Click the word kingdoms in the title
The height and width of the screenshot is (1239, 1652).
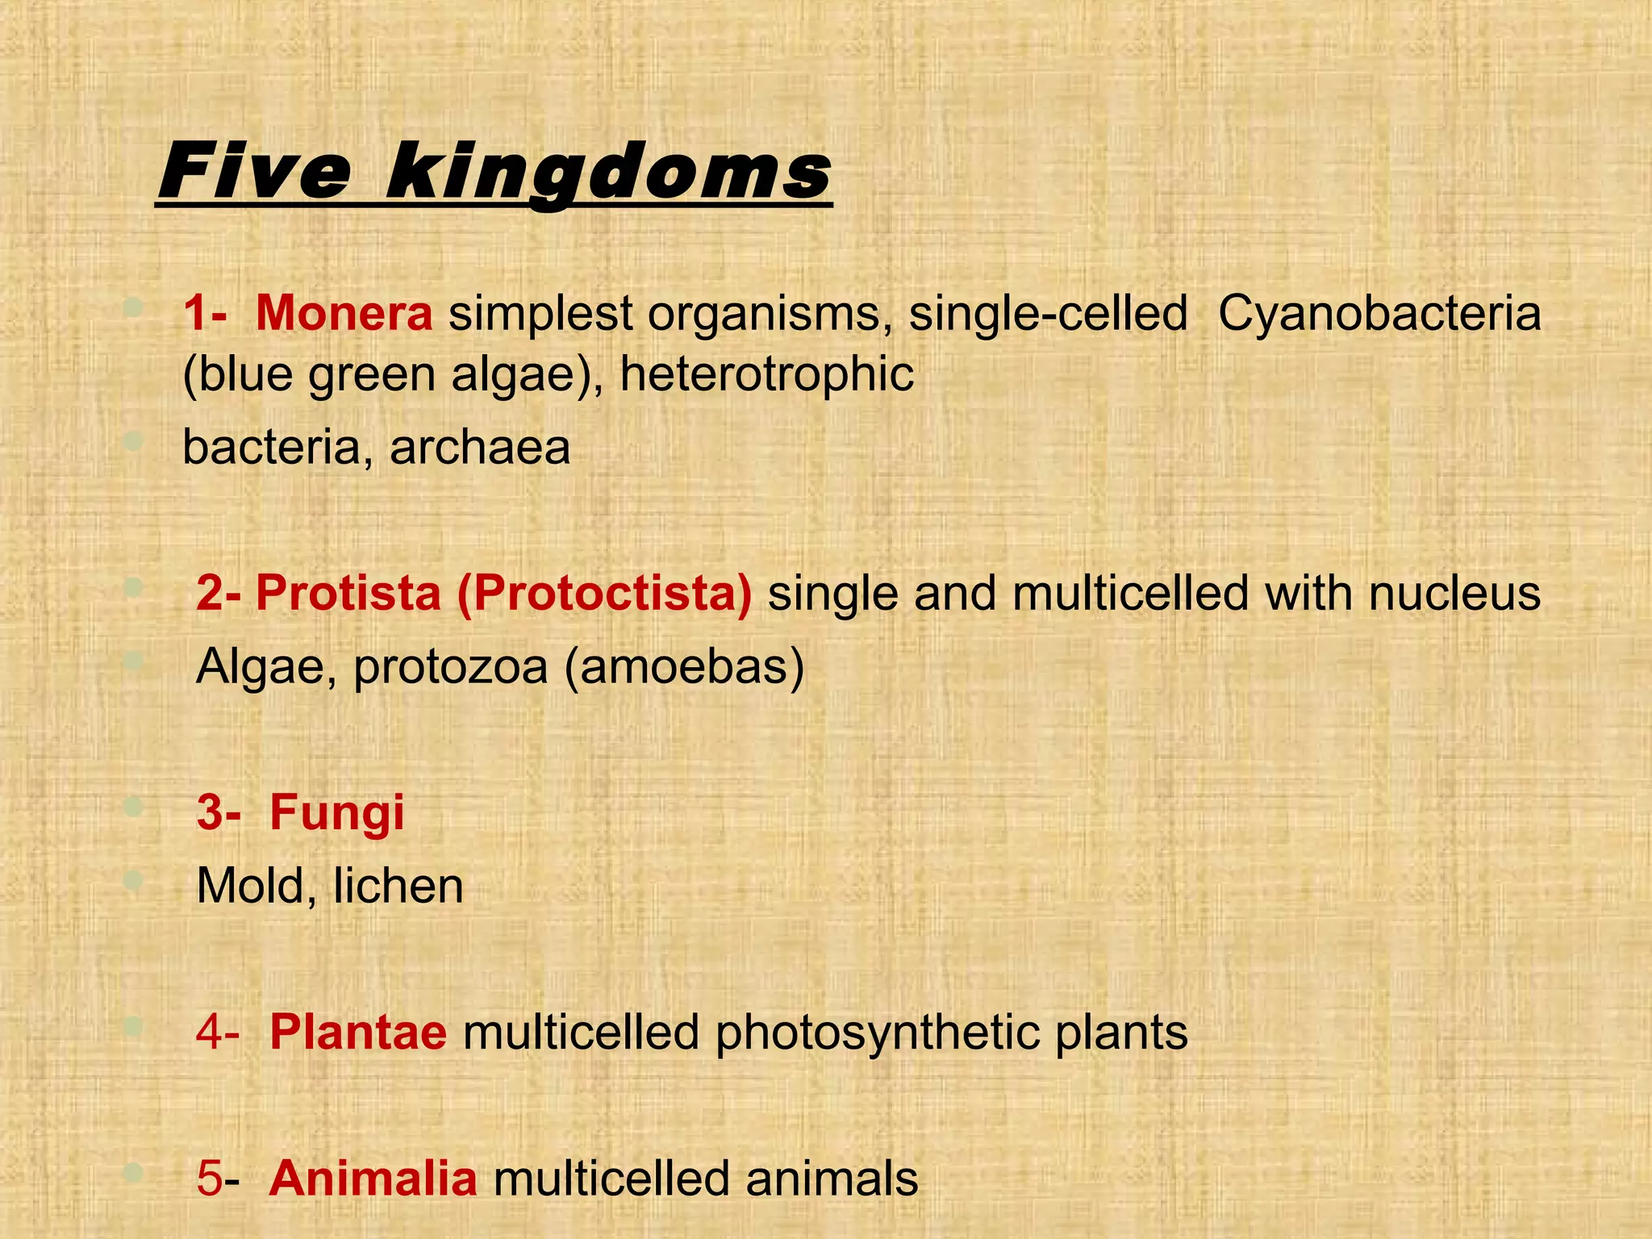coord(609,172)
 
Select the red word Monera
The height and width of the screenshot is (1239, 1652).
coord(344,313)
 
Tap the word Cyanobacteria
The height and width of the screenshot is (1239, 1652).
coord(1379,313)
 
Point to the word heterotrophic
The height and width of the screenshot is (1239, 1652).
coord(766,374)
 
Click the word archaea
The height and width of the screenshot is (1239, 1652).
coord(480,447)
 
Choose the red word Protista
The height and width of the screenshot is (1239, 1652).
coord(348,593)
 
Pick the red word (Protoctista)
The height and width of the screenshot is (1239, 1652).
coord(604,593)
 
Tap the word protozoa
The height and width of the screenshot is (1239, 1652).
coord(450,666)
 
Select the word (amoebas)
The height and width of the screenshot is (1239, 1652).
coord(684,666)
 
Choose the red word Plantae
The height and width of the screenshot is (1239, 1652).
coord(357,1032)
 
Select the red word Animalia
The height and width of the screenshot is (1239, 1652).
coord(373,1178)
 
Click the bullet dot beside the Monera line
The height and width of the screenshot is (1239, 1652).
coord(134,307)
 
